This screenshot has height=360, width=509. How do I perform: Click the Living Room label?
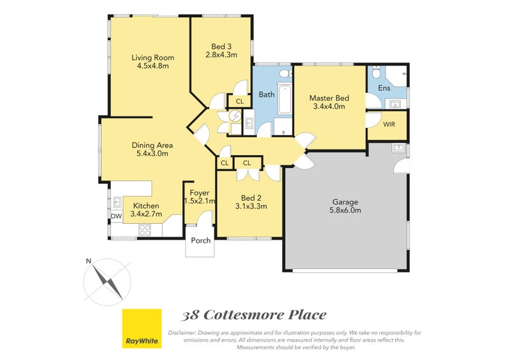[153, 58]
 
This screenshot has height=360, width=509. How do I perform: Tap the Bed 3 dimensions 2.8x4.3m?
[221, 55]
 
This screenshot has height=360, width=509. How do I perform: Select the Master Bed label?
[329, 98]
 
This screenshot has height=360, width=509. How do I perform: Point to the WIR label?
[389, 124]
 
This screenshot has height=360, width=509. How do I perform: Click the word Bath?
[266, 95]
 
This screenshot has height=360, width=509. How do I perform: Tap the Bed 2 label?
[250, 197]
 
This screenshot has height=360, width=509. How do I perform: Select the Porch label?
[200, 240]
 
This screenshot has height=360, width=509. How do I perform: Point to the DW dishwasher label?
[116, 216]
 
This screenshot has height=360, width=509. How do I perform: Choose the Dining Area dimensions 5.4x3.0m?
[152, 153]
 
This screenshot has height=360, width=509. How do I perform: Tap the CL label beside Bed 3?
[239, 101]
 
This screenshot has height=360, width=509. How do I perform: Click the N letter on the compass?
[89, 261]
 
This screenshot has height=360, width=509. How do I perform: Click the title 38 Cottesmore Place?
[254, 315]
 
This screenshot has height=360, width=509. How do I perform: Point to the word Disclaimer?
[184, 333]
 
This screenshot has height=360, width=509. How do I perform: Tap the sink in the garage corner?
[398, 148]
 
